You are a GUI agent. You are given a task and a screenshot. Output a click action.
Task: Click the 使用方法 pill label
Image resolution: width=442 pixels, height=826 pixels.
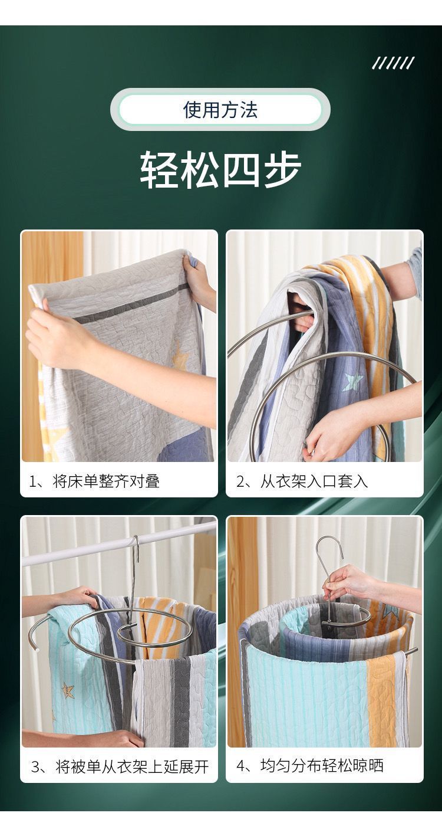[x=220, y=110]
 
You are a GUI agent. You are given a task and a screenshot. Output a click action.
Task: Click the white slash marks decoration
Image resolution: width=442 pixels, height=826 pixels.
[x=393, y=63]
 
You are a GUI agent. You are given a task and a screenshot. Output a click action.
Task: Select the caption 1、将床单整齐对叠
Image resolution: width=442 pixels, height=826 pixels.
[x=94, y=481]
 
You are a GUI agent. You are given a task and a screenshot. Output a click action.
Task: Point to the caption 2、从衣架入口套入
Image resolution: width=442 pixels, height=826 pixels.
[x=302, y=481]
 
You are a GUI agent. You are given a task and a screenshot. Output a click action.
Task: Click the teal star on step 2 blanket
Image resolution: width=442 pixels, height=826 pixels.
[x=352, y=381]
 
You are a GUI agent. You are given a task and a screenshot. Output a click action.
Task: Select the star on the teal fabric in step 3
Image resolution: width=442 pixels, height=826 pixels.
[x=68, y=689]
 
